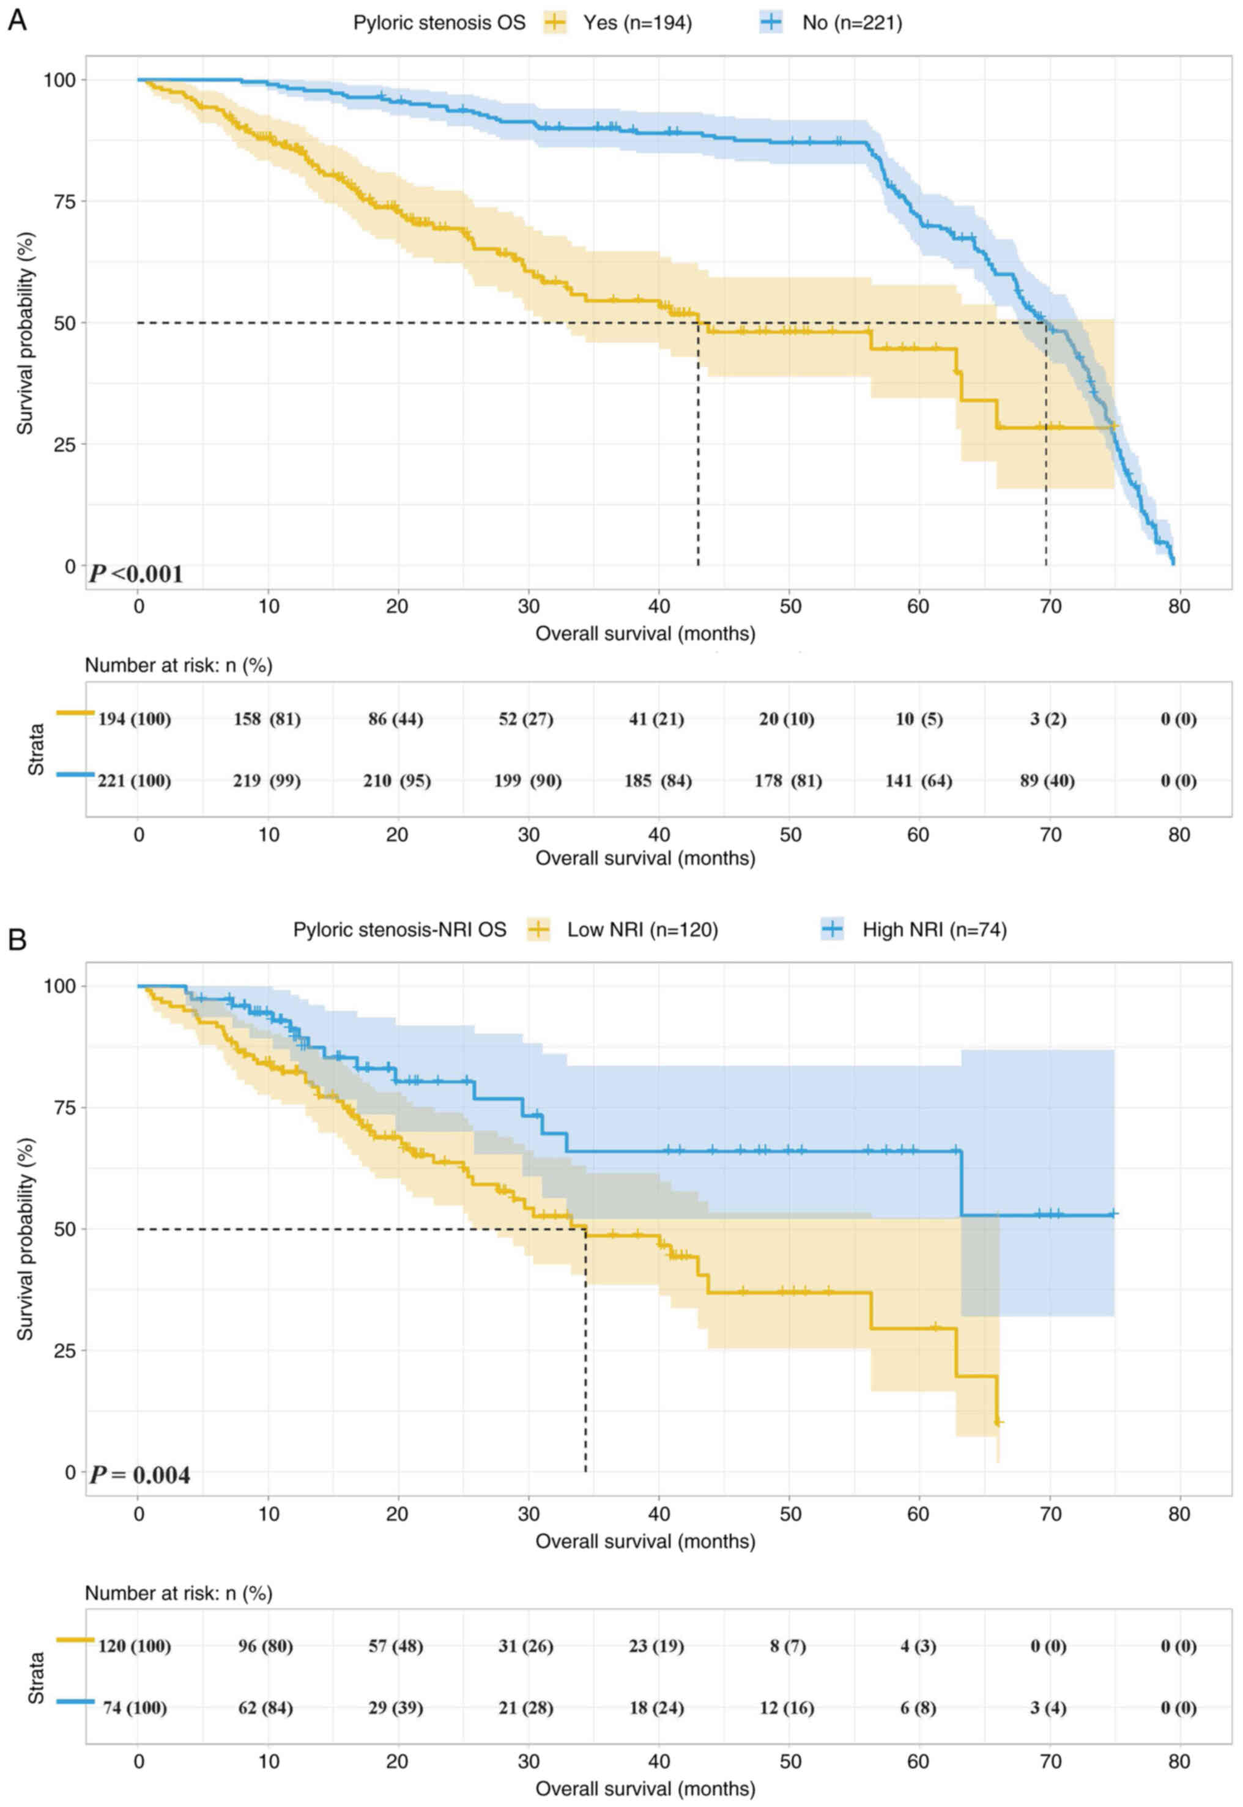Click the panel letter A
(x=17, y=20)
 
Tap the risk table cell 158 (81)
(x=267, y=719)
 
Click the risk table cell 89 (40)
(x=1047, y=781)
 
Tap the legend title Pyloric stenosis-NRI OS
(x=399, y=929)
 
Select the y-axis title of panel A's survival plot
(x=26, y=333)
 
